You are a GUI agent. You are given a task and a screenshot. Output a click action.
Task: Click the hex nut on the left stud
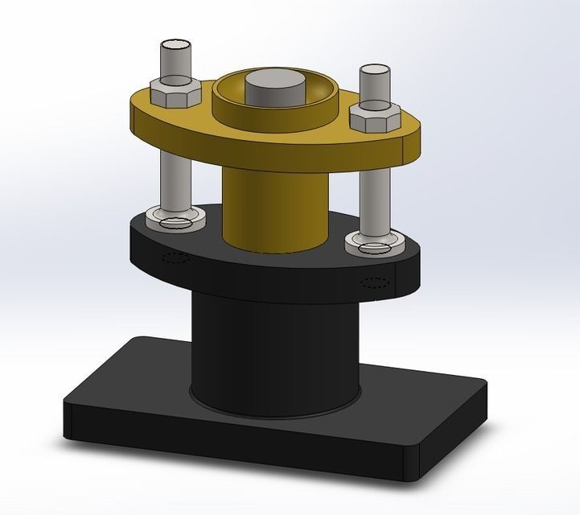[172, 93]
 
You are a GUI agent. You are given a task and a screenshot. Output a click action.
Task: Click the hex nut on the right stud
[375, 119]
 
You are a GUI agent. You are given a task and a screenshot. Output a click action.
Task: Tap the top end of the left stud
[177, 44]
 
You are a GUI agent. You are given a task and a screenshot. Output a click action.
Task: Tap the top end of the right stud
[375, 71]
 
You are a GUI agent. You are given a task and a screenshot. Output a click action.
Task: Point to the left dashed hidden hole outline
[175, 258]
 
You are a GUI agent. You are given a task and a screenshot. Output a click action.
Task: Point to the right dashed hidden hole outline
[375, 282]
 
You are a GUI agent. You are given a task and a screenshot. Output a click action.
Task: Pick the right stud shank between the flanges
[374, 201]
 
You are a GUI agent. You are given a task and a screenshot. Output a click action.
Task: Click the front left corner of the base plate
[68, 402]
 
